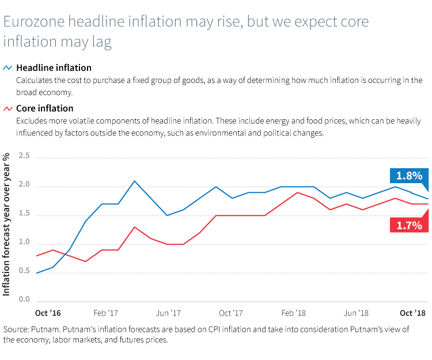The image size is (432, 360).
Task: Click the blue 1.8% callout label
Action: [410, 176]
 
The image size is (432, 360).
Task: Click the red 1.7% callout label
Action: [410, 225]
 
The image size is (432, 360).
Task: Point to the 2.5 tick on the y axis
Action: [24, 156]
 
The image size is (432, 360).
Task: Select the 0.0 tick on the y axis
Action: [24, 300]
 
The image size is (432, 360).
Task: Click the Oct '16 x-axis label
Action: [49, 313]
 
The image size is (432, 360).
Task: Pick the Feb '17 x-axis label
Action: [105, 313]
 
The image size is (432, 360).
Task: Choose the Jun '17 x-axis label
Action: [169, 313]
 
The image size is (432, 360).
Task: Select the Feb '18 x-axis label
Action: [294, 313]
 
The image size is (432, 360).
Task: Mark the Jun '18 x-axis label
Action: [356, 313]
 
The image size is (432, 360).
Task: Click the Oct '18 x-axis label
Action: [412, 313]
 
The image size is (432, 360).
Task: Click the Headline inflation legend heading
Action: [54, 68]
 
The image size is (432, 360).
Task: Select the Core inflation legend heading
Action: [44, 108]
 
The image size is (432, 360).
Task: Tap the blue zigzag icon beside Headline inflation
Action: [8, 68]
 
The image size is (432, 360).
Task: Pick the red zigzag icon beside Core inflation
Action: [8, 108]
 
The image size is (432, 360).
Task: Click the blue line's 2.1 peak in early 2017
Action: [135, 181]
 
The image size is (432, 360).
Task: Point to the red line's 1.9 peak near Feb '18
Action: [297, 192]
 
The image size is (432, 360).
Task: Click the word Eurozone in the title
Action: [33, 22]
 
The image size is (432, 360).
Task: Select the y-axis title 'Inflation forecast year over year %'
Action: [6, 225]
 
